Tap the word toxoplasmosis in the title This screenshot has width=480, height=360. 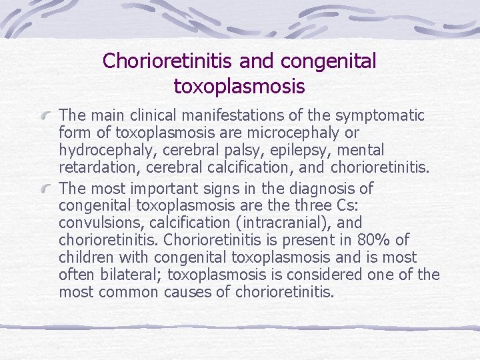point(239,87)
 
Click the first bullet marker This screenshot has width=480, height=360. point(47,117)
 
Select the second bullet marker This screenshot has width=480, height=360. point(47,189)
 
